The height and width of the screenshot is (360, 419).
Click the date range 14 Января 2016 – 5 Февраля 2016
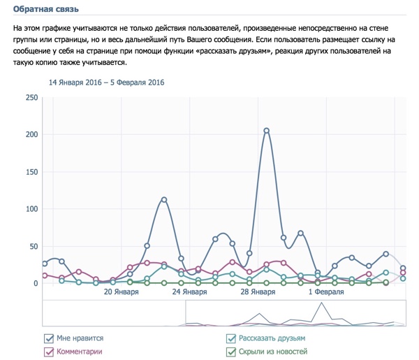(106, 82)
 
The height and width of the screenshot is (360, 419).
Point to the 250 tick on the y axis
(31, 97)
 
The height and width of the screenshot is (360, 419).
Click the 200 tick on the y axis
(31, 134)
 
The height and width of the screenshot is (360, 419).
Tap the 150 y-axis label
(31, 171)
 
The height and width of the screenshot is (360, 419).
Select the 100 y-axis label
(31, 209)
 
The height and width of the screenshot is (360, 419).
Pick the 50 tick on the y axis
(33, 246)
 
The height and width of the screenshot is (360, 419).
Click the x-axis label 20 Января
(122, 293)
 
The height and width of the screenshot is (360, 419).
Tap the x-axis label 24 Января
(190, 293)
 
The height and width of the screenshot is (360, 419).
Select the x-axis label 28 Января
(258, 293)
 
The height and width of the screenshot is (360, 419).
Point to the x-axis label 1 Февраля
(326, 293)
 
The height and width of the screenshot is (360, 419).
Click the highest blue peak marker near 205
(267, 131)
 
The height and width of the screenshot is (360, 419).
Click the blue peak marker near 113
(164, 200)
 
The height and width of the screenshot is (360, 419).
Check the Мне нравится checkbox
(49, 338)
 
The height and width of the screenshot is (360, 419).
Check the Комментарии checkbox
(49, 352)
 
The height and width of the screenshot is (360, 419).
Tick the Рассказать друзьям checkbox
(231, 338)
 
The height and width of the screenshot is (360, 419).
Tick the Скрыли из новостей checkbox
(231, 352)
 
